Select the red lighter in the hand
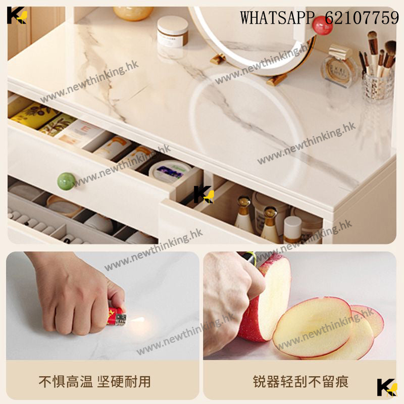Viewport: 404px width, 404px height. point(117,316)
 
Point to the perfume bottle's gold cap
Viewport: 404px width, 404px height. point(340,52)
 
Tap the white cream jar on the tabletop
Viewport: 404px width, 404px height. point(173,31)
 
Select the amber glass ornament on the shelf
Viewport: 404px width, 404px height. point(133,14)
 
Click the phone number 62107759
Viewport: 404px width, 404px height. point(362,18)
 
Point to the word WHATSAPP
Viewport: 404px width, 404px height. point(277,18)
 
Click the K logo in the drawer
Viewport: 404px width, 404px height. point(204,194)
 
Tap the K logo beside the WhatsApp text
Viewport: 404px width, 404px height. point(17,16)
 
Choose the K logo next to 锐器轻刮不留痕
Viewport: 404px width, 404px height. point(387,387)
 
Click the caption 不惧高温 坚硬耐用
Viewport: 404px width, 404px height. point(94,382)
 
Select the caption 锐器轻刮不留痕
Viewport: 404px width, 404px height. point(300,382)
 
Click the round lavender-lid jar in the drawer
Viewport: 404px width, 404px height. point(170,171)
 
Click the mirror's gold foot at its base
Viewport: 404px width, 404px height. point(276,79)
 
